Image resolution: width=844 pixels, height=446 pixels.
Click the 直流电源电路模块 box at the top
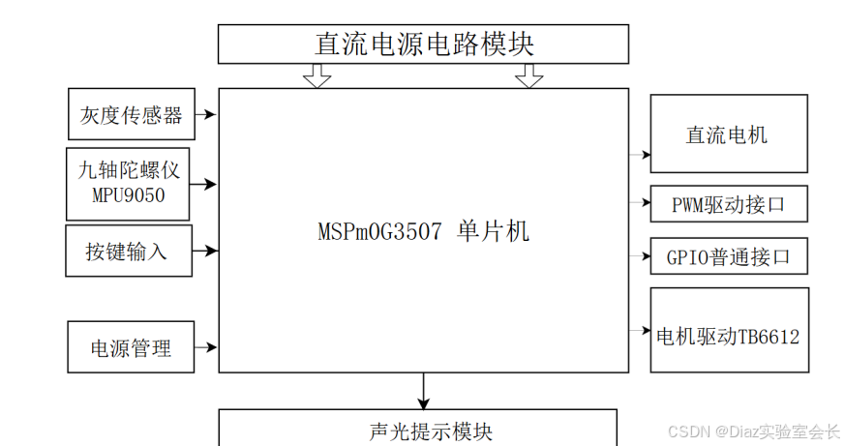point(423,45)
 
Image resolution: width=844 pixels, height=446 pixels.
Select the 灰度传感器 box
point(131,115)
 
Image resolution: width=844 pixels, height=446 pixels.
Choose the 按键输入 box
point(128,251)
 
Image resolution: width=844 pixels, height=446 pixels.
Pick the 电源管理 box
point(131,346)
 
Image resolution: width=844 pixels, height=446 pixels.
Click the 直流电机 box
point(728,134)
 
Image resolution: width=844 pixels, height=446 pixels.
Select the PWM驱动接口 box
point(728,204)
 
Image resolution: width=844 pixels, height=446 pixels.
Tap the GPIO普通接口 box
point(728,256)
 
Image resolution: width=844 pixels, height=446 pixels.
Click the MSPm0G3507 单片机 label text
point(424,233)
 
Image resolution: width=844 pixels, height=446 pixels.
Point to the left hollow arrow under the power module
point(316,75)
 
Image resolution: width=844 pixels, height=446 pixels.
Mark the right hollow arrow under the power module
point(528,75)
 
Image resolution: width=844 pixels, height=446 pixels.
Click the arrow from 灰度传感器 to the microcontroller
point(206,115)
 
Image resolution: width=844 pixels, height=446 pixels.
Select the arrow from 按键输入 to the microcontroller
point(205,250)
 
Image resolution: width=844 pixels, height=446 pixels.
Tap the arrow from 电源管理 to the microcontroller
point(206,346)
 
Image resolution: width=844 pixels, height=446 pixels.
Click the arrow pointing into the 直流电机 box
point(640,154)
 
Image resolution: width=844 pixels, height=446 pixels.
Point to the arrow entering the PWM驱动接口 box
point(640,203)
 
